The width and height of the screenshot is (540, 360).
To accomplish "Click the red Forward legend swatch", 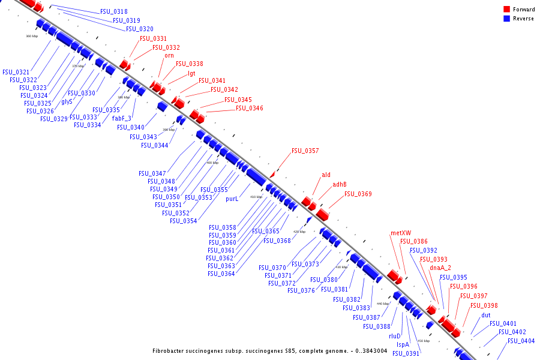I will point(506,10).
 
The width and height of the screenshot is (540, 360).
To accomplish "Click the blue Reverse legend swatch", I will point(506,19).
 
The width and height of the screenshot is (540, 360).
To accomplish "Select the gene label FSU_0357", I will point(305,151).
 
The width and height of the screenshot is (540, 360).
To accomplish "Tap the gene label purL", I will point(232,199).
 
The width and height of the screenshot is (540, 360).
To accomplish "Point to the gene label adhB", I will point(340,184).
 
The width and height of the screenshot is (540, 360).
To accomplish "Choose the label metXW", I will point(400,233).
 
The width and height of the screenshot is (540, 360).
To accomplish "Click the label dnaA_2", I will point(440,268).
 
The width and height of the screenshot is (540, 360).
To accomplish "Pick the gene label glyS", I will point(67,101).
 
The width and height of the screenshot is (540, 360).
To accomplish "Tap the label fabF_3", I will point(122,118).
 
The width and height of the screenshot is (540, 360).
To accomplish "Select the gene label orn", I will point(169,56).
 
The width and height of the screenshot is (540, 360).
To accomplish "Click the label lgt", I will point(191,73).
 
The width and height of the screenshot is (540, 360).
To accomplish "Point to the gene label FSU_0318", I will point(113,12).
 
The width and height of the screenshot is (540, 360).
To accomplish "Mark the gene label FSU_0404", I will point(521,341).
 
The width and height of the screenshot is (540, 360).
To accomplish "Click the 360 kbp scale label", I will point(32,36).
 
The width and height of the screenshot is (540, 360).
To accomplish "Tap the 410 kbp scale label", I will point(256,197).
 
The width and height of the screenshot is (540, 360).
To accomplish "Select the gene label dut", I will point(486,315).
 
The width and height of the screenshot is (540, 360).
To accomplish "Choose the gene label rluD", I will point(395,336).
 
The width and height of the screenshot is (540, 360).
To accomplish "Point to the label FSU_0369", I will point(358,194).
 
